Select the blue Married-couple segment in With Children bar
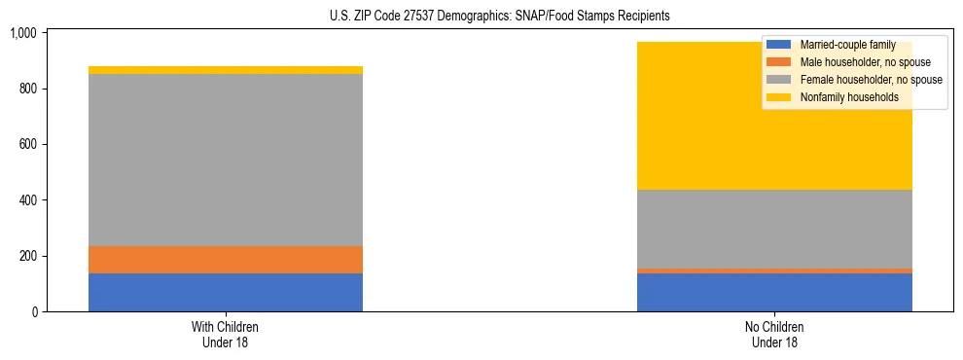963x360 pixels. [226, 292]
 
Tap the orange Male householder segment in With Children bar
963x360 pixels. [226, 260]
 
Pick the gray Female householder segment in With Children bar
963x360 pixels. [226, 160]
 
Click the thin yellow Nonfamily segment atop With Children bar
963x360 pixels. [226, 70]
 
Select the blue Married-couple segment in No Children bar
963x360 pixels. [774, 292]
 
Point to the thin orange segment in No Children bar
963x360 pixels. [774, 270]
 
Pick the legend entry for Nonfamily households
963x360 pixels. [842, 97]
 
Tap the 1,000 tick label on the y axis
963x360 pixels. [22, 33]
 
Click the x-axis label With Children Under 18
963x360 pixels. [226, 334]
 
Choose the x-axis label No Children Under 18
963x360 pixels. [774, 334]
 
